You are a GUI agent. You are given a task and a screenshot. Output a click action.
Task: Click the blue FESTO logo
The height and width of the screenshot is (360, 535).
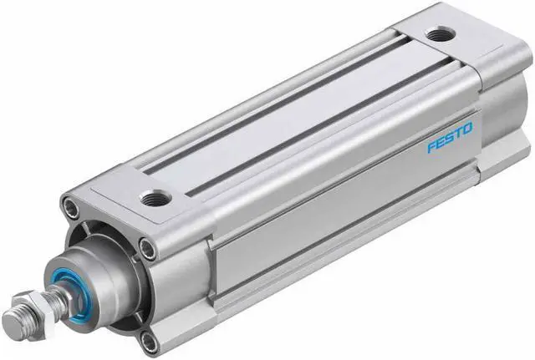pyautogui.click(x=450, y=137)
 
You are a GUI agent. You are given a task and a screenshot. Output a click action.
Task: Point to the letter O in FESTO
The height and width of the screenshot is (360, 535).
pyautogui.click(x=468, y=128)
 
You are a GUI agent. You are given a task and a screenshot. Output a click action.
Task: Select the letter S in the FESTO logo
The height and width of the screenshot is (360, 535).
pyautogui.click(x=451, y=137)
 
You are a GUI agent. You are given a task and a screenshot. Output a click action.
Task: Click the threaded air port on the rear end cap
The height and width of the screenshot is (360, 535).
pyautogui.click(x=441, y=34)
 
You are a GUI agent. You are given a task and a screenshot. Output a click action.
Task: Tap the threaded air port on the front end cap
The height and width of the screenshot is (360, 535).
pyautogui.click(x=155, y=199)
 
